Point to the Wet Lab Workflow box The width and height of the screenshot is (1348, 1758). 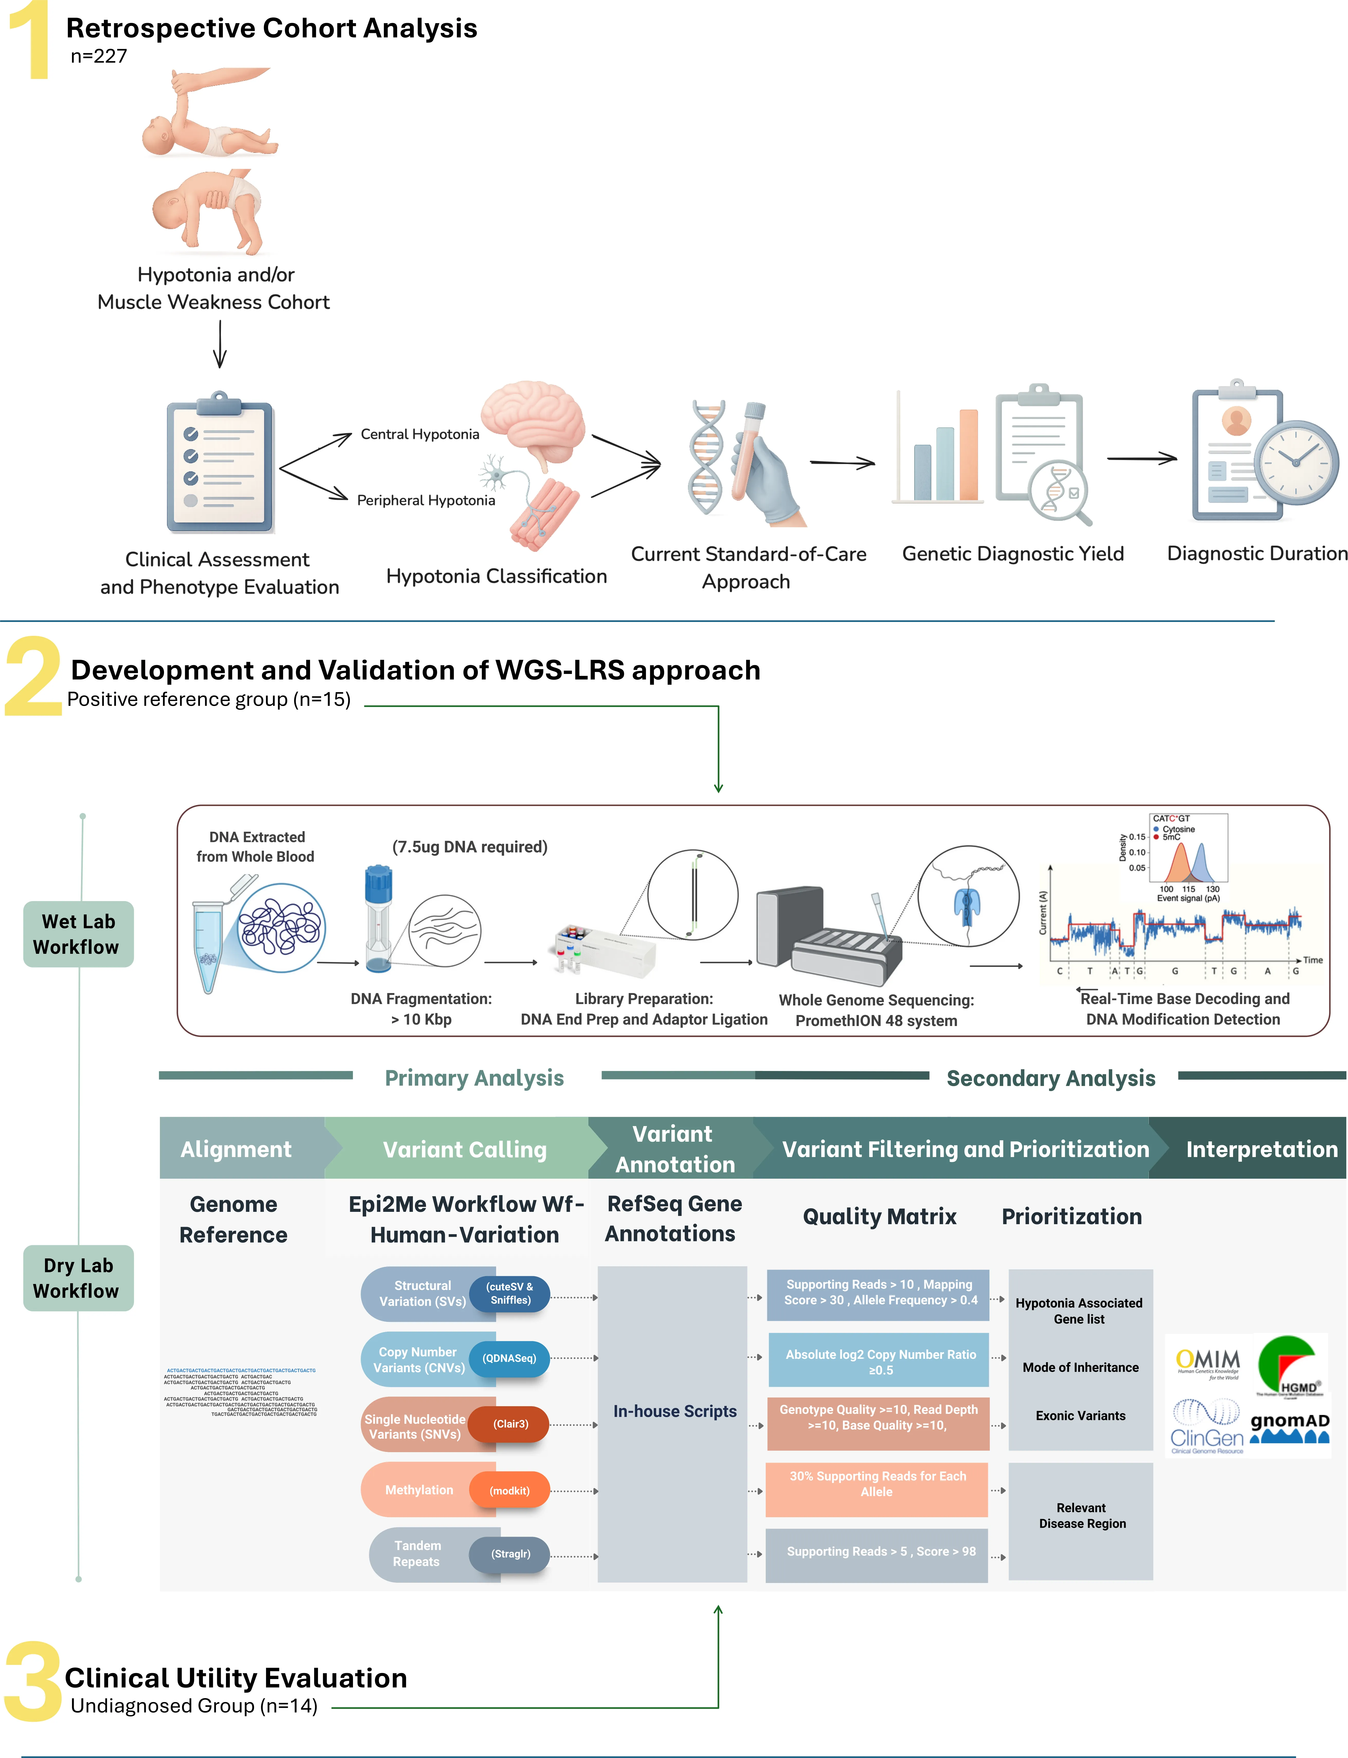[78, 934]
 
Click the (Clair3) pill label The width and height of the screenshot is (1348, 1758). [510, 1424]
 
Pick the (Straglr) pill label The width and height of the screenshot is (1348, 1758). [510, 1554]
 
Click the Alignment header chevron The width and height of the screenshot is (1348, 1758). [236, 1149]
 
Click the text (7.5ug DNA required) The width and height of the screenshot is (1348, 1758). [469, 847]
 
